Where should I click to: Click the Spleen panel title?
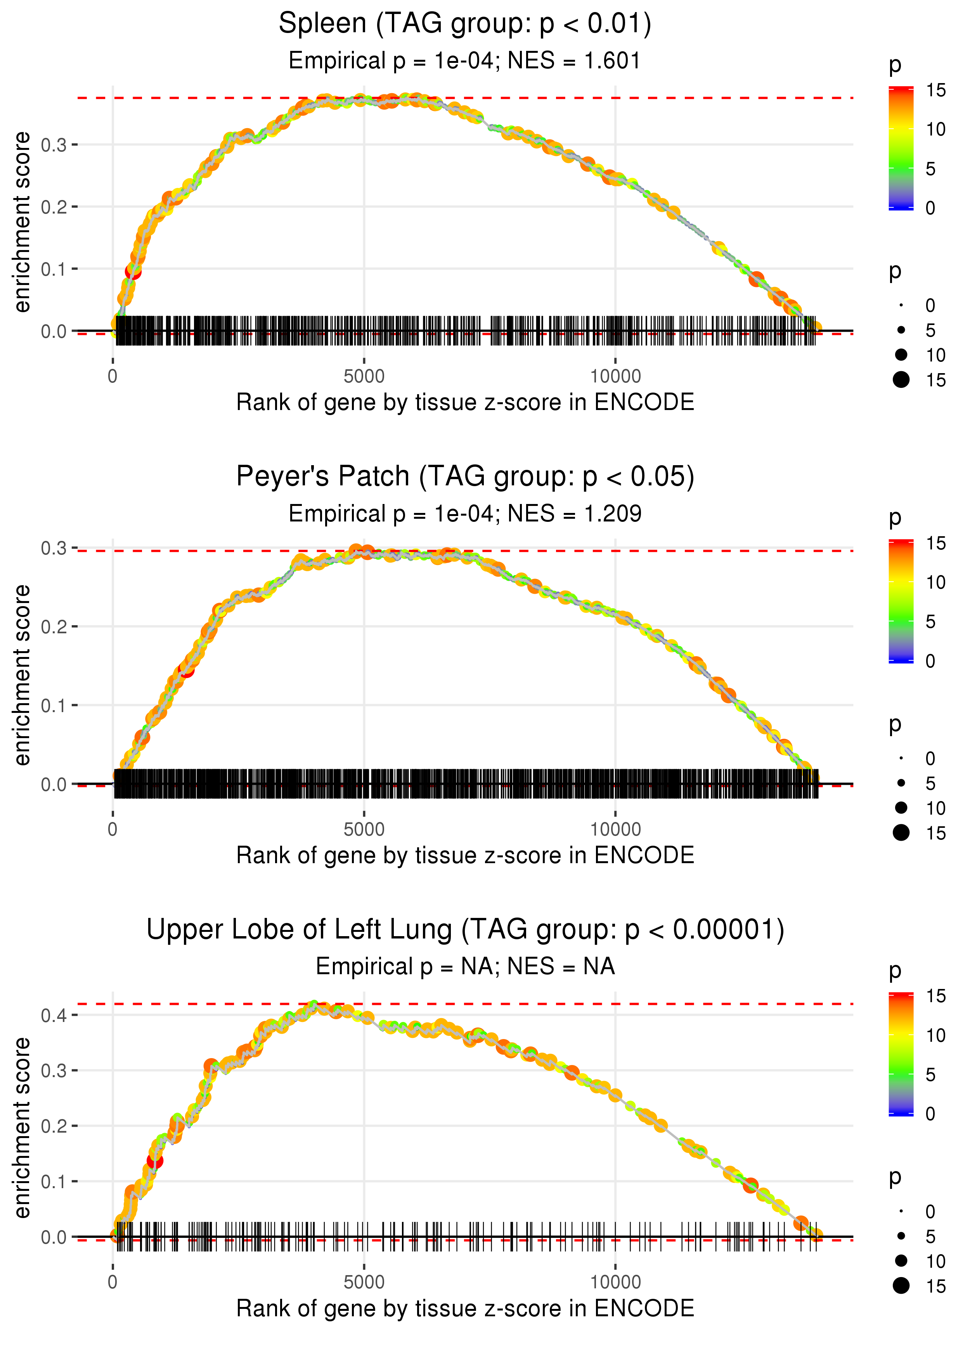(x=465, y=24)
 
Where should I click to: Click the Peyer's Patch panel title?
(x=465, y=477)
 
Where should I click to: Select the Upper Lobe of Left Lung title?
(x=465, y=930)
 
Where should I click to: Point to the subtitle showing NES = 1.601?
(x=465, y=61)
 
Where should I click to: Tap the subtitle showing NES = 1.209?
(x=465, y=514)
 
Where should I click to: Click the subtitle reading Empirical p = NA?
(x=465, y=966)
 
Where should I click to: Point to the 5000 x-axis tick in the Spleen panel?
(x=364, y=377)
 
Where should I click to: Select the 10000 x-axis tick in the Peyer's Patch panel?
(x=615, y=829)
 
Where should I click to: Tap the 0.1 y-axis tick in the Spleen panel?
(x=54, y=269)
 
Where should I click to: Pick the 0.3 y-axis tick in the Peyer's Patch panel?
(x=54, y=548)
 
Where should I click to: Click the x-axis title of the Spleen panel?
(x=465, y=402)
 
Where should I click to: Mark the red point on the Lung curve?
(x=155, y=1161)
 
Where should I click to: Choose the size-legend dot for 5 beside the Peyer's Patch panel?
(x=901, y=783)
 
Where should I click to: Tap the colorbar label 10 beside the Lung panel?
(x=935, y=1036)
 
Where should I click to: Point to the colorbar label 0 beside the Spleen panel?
(x=930, y=208)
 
